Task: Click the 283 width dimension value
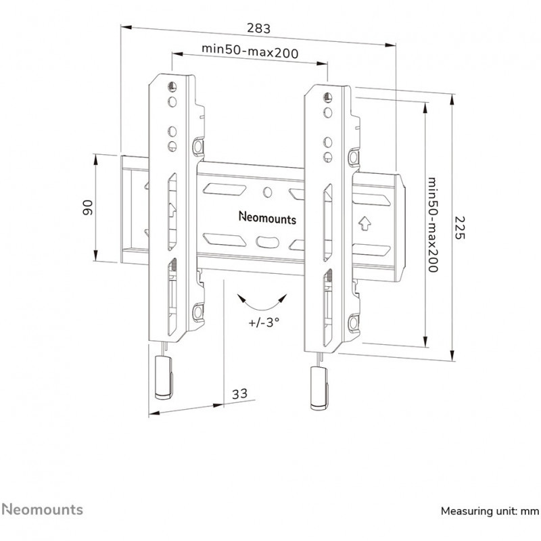point(259,28)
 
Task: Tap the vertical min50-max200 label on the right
point(433,225)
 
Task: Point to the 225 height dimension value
point(460,228)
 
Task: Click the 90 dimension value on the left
point(88,208)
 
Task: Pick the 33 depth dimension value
point(239,394)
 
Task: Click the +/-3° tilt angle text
point(264,323)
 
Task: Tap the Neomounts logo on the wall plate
point(267,217)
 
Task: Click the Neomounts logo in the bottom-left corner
point(43,510)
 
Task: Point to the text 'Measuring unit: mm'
point(490,511)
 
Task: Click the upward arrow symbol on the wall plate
point(364,223)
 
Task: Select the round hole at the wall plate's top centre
point(267,192)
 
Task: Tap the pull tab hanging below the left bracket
point(164,378)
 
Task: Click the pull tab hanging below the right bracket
point(319,388)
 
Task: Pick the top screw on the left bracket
point(172,87)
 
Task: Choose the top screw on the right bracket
point(327,97)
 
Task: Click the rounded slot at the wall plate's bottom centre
point(267,242)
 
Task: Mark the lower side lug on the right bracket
point(353,323)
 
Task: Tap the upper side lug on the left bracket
point(197,146)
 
